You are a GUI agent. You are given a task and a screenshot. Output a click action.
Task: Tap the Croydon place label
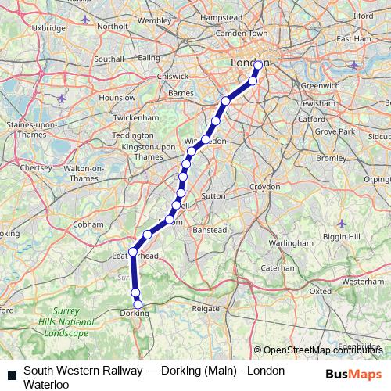pyautogui.click(x=264, y=188)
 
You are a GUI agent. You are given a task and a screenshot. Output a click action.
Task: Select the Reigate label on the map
pyautogui.click(x=206, y=309)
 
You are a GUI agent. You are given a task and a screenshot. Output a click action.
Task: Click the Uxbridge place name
pyautogui.click(x=48, y=27)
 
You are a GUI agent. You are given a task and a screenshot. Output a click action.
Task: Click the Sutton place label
pyautogui.click(x=213, y=195)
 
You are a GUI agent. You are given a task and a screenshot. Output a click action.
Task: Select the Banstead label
pyautogui.click(x=210, y=230)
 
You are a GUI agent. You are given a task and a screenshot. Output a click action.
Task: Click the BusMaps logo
pyautogui.click(x=354, y=374)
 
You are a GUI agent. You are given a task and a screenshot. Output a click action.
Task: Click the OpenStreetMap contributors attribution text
pyautogui.click(x=324, y=350)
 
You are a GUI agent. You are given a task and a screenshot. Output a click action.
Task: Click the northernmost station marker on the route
pyautogui.click(x=258, y=66)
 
